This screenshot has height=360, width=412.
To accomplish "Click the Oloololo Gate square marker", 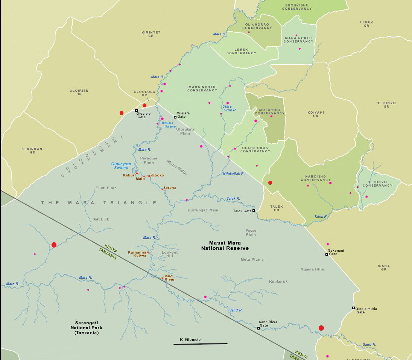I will click(x=137, y=110).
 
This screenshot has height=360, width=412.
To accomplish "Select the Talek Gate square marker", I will click(x=254, y=211).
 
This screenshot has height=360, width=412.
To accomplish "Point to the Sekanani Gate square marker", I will click(x=327, y=255).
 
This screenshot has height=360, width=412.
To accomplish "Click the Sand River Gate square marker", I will click(x=258, y=328).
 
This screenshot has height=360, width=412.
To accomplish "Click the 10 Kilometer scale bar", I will click(x=200, y=343).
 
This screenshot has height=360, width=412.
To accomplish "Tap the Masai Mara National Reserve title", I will click(x=225, y=246).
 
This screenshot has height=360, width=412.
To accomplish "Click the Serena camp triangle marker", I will click(x=163, y=189).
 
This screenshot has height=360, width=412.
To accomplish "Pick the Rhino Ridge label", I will click(x=177, y=167).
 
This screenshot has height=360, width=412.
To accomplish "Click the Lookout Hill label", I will click(x=170, y=255).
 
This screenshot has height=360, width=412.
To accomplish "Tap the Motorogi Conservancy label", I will click(x=269, y=112).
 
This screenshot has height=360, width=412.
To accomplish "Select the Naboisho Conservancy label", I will click(x=316, y=178).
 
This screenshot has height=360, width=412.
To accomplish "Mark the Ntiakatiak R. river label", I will click(x=234, y=174).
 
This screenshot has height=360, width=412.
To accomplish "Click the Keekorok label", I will click(x=278, y=281).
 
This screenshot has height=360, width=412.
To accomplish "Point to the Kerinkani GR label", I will click(x=32, y=150).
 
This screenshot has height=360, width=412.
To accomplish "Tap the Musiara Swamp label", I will click(x=169, y=125).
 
